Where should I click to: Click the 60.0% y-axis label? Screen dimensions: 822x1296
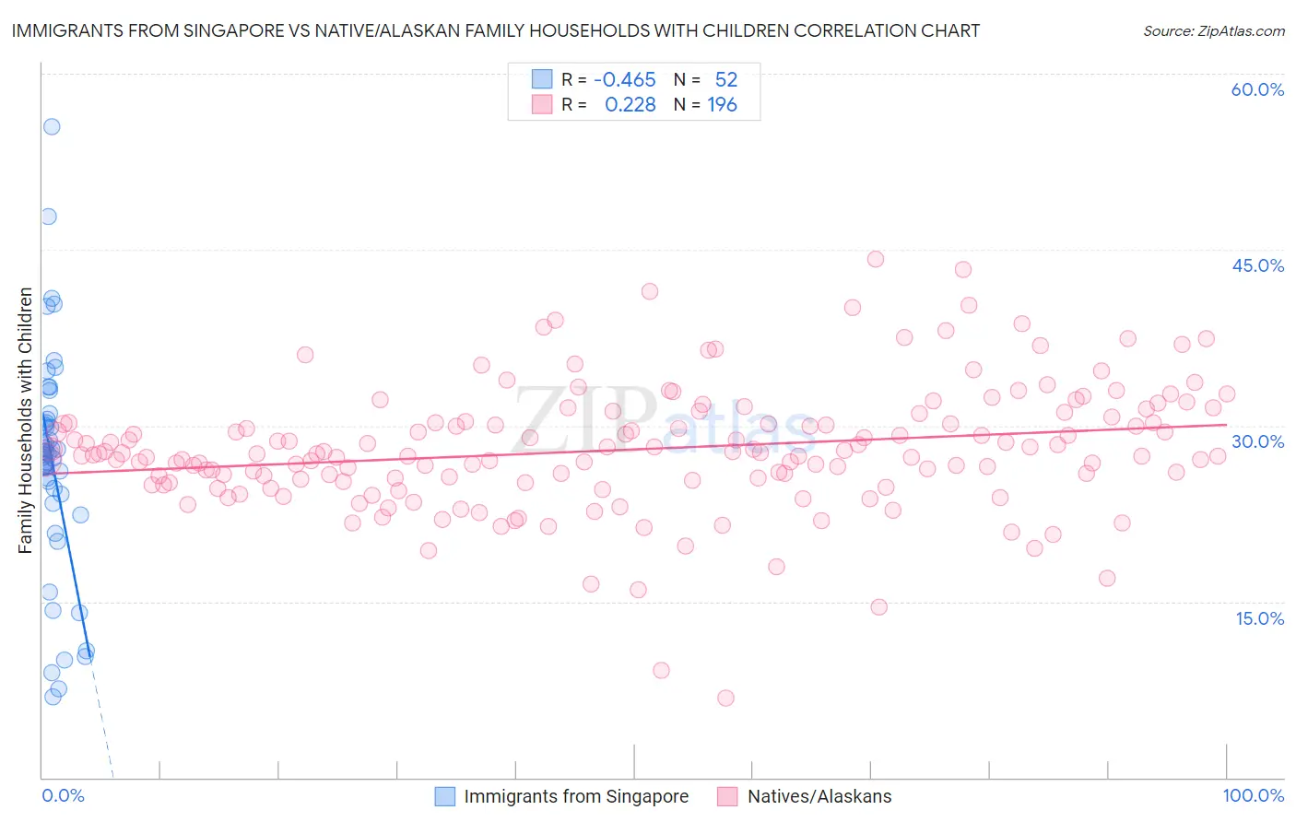(1257, 89)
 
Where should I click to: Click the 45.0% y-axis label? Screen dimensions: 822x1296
(1257, 265)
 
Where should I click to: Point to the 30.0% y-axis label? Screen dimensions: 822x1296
(1257, 441)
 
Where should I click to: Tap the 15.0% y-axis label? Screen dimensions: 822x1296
(1259, 618)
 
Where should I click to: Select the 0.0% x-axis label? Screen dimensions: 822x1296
(63, 795)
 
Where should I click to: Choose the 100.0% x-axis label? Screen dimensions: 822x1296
(1253, 795)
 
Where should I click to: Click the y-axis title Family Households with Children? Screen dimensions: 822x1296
(25, 420)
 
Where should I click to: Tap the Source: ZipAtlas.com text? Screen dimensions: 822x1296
(1213, 30)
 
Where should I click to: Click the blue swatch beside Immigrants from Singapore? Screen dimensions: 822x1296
(445, 796)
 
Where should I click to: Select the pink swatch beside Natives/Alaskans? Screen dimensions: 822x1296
(728, 796)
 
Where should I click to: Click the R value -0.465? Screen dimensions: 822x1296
(624, 79)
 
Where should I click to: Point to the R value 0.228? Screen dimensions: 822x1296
(630, 104)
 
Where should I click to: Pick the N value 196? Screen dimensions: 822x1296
(722, 104)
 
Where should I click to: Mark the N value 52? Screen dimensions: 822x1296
(725, 79)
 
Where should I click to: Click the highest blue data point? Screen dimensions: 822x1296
(52, 126)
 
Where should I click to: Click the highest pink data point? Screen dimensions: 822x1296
(876, 259)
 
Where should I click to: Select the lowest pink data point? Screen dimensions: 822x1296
(725, 698)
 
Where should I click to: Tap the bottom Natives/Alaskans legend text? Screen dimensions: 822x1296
(819, 796)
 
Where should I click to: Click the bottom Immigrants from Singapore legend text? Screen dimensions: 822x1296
(576, 796)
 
